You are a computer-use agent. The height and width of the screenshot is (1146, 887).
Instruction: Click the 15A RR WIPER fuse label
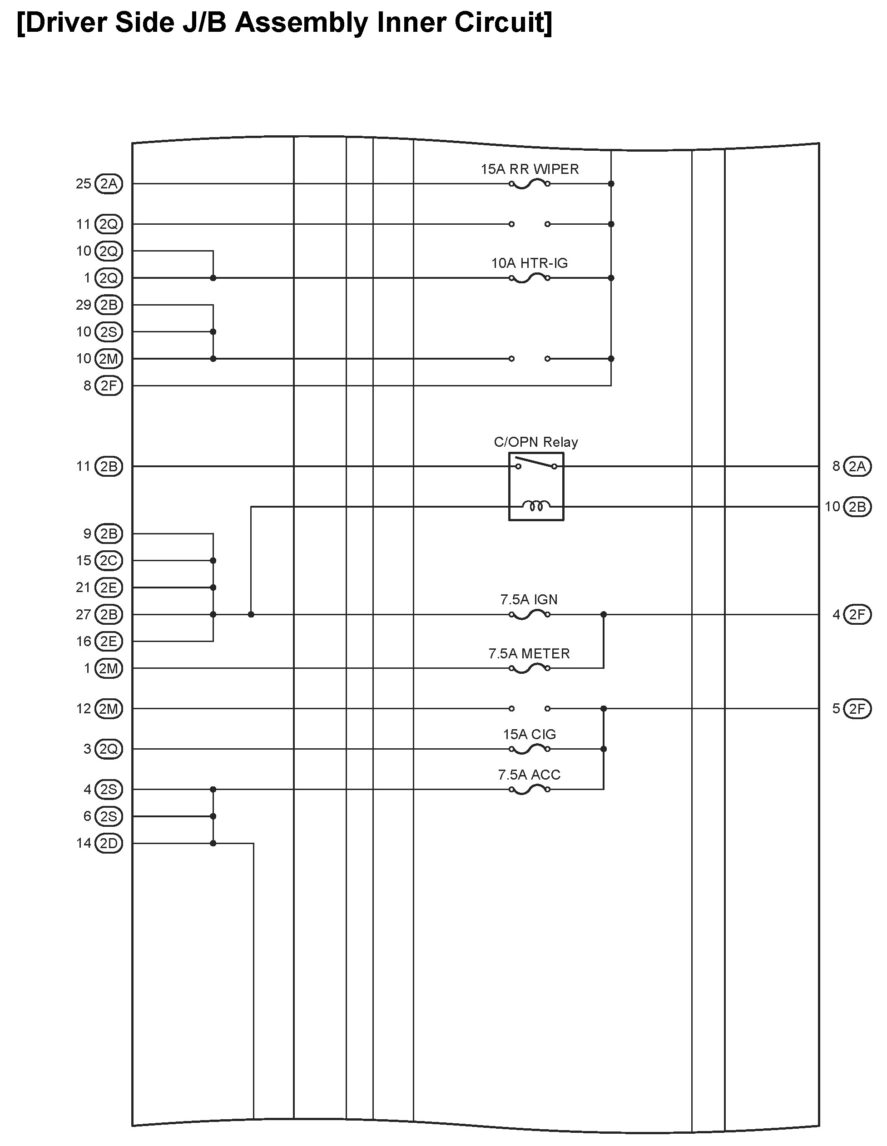[x=530, y=169]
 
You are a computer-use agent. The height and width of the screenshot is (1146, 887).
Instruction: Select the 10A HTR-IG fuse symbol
[x=530, y=278]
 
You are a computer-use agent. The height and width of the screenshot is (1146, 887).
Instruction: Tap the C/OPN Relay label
[x=535, y=442]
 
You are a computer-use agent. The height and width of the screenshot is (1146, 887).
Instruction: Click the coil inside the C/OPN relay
[x=536, y=506]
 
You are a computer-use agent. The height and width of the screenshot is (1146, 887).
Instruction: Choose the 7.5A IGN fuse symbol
[x=530, y=614]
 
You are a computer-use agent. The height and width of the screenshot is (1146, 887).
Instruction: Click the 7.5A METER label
[x=529, y=654]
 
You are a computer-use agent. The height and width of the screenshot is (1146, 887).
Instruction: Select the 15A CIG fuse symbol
[x=530, y=749]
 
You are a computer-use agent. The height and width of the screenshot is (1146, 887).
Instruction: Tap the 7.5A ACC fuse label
[x=529, y=775]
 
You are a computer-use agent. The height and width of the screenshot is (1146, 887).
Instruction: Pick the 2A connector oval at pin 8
[x=857, y=466]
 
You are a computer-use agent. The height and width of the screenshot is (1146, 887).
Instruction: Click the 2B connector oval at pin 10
[x=857, y=507]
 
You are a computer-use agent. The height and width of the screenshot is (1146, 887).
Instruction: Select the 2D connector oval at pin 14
[x=109, y=844]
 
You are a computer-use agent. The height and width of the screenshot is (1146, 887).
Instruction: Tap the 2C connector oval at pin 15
[x=109, y=561]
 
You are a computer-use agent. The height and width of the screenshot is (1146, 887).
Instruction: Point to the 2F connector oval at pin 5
[x=857, y=709]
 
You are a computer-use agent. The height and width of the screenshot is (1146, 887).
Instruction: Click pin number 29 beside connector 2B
[x=84, y=305]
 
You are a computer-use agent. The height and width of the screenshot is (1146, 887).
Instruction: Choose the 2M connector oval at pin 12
[x=109, y=709]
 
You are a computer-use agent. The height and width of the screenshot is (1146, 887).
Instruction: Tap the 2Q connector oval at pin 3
[x=109, y=749]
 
